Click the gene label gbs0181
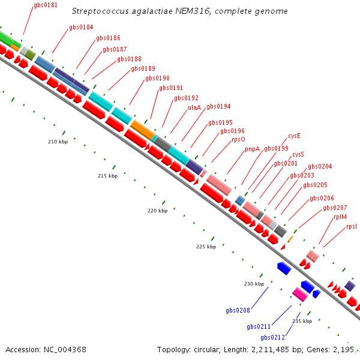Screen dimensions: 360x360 point(46,5)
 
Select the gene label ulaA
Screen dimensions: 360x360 point(194,107)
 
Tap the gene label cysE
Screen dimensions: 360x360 point(294,136)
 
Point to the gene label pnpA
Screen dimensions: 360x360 point(252,149)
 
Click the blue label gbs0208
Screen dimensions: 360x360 point(238,310)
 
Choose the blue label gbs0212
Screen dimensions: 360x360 point(273,337)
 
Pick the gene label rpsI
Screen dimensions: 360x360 point(352,227)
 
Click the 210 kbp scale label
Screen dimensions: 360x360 point(58,142)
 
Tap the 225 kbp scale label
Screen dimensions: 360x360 point(206,247)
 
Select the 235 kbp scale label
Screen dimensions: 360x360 point(302,321)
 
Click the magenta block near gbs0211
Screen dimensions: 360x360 point(300,295)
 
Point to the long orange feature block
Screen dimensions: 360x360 point(142,130)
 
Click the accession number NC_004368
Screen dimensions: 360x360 point(65,350)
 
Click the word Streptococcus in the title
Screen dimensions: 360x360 point(100,11)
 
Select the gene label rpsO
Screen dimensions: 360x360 point(238,139)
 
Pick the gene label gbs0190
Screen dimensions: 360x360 point(157,78)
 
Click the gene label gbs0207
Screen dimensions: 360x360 point(335,208)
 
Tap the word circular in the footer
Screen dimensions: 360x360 point(206,350)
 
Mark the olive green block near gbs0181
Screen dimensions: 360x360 point(30,55)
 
